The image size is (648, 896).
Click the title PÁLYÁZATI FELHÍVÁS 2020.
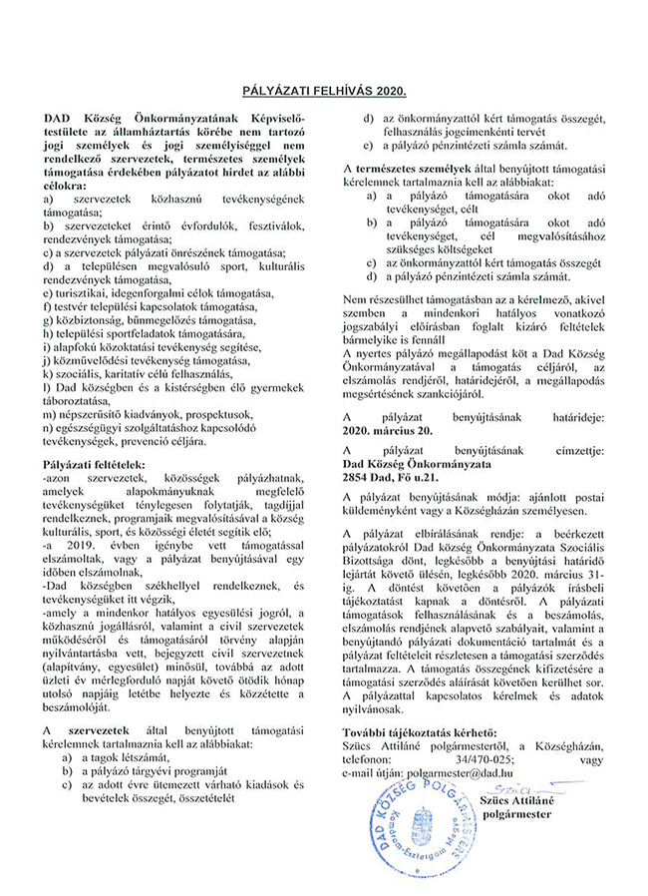[x=324, y=90]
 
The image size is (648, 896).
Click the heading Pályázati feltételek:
[x=94, y=465]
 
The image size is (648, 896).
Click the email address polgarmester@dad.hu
[x=474, y=770]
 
